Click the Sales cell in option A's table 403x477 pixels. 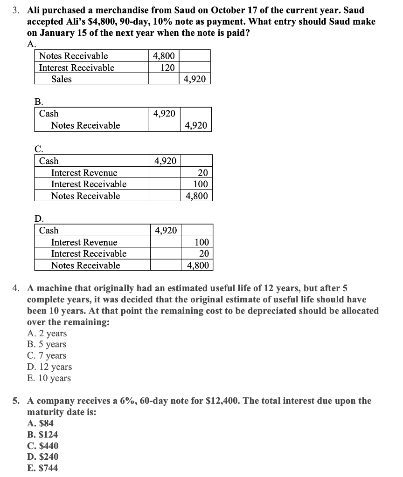(x=62, y=79)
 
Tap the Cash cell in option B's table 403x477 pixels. (x=49, y=114)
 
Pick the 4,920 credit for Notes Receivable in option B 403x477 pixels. (x=196, y=125)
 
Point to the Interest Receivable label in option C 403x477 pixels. (x=89, y=184)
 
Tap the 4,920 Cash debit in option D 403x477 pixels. (x=165, y=230)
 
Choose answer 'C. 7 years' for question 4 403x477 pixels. (x=47, y=356)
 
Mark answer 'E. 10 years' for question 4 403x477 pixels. (x=49, y=378)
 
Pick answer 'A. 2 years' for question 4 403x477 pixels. (x=47, y=334)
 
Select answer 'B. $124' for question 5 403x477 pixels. (x=43, y=435)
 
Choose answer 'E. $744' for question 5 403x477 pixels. (x=43, y=468)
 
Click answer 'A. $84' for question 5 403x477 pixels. (x=41, y=423)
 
